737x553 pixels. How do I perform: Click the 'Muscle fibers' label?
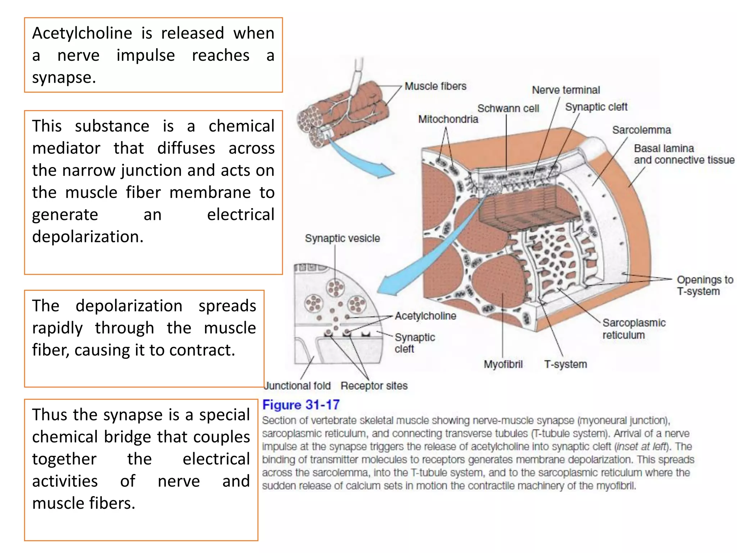tap(435, 86)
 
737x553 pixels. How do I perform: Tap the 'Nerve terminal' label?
tap(566, 90)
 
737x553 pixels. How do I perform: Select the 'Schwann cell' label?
tap(508, 108)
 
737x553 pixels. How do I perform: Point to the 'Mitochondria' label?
tap(448, 119)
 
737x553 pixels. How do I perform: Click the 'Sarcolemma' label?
tap(641, 130)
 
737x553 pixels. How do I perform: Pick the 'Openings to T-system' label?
tap(705, 286)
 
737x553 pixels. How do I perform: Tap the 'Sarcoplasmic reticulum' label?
tap(633, 329)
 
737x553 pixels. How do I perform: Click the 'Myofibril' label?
tap(503, 364)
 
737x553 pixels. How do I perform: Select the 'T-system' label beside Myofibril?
tap(565, 364)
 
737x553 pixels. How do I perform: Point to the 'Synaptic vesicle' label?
tap(342, 238)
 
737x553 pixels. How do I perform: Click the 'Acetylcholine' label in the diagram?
tap(425, 316)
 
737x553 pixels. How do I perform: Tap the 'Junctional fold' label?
tap(298, 386)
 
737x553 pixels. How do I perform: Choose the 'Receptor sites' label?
tap(374, 386)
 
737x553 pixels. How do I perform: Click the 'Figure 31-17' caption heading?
tap(301, 405)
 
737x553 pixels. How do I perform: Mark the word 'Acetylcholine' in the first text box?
tap(82, 33)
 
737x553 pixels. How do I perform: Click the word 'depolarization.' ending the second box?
tap(88, 237)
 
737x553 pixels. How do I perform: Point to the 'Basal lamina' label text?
tap(664, 148)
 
